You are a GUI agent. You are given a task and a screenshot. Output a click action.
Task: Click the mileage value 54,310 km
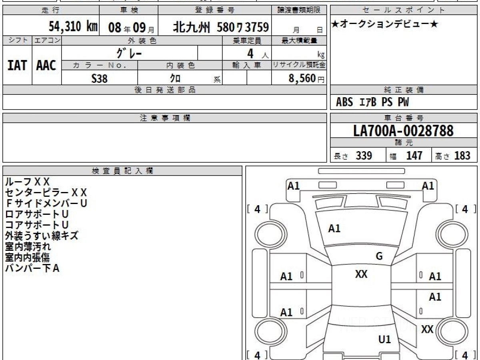pyautogui.click(x=73, y=27)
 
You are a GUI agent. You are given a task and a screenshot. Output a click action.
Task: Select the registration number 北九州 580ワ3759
pyautogui.click(x=221, y=28)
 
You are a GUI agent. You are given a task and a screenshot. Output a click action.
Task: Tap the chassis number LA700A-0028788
pyautogui.click(x=404, y=131)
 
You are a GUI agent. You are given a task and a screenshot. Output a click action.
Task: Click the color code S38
pyautogui.click(x=100, y=78)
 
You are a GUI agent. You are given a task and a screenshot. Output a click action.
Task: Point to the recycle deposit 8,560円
pyautogui.click(x=306, y=78)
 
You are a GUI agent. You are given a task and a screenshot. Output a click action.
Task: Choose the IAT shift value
pyautogui.click(x=17, y=65)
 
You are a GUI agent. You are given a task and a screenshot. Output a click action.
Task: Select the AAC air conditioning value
pyautogui.click(x=46, y=65)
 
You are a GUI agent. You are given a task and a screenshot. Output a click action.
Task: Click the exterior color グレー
pyautogui.click(x=129, y=53)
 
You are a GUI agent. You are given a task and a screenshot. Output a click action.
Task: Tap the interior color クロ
pyautogui.click(x=175, y=78)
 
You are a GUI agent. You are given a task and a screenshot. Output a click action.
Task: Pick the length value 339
pyautogui.click(x=364, y=156)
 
